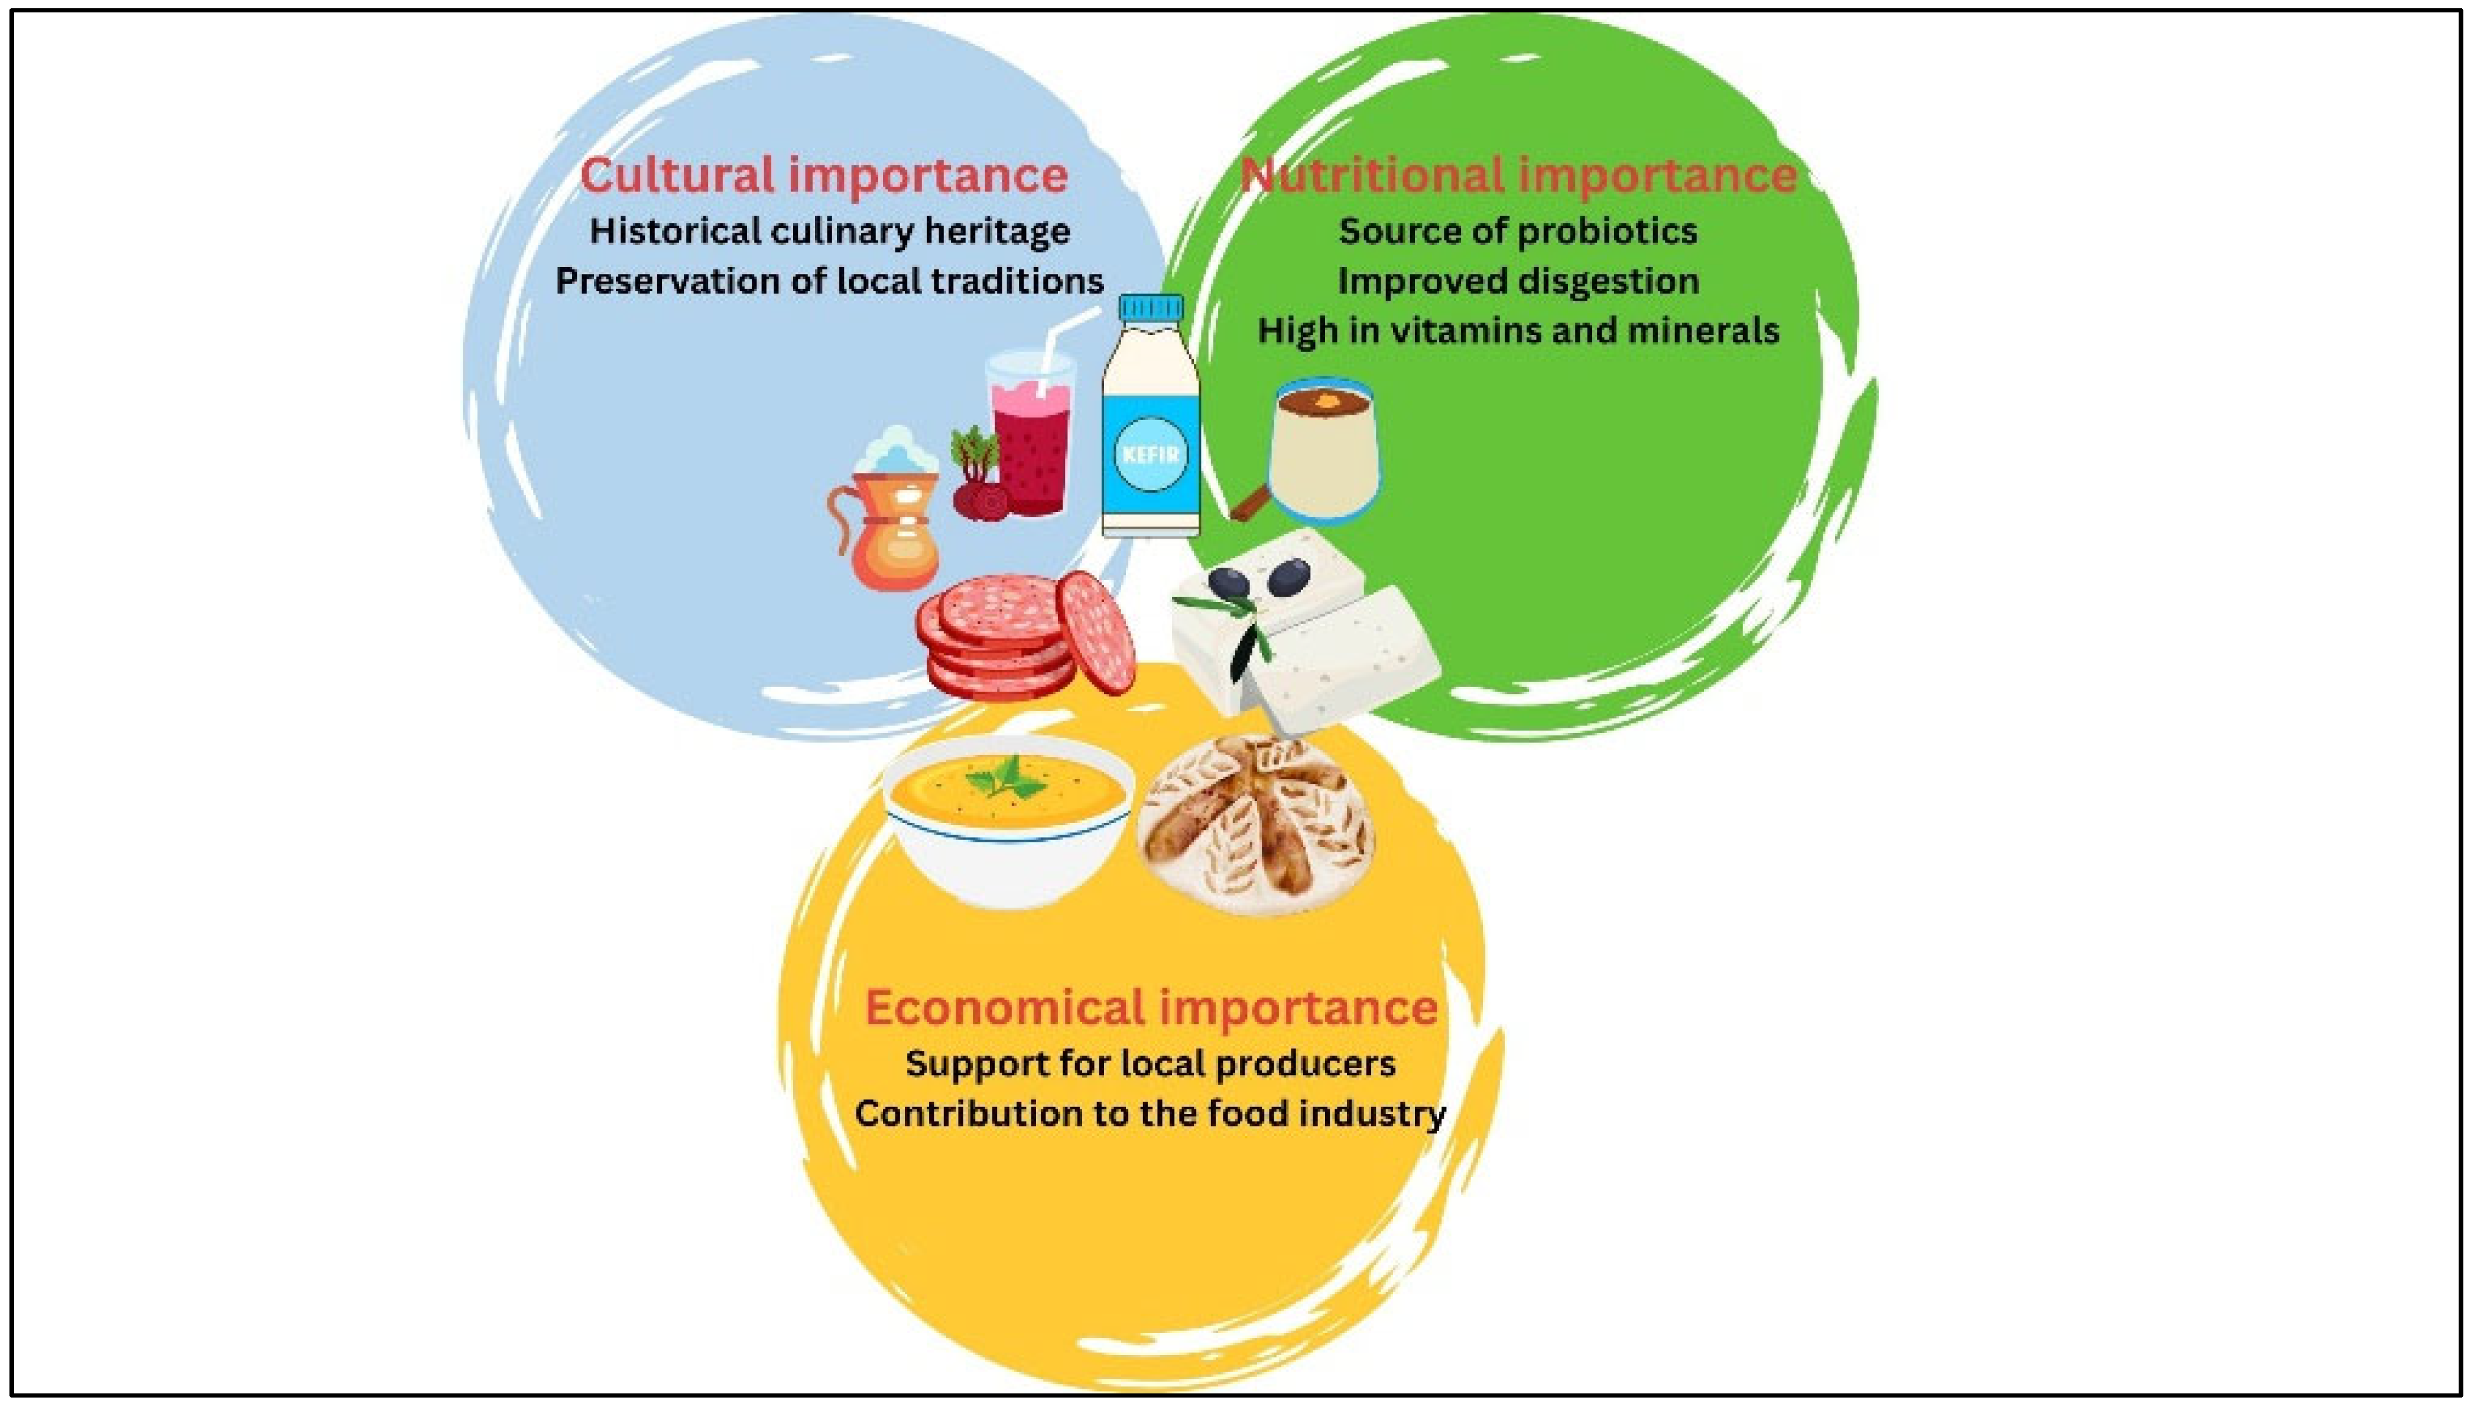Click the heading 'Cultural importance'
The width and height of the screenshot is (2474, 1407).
pos(824,175)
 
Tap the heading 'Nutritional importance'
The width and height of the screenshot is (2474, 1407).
pos(1518,175)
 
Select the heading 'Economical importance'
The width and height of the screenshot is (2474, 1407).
pos(1151,1007)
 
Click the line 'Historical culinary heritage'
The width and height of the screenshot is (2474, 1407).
pos(830,231)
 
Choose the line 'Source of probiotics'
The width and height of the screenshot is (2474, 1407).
pos(1518,231)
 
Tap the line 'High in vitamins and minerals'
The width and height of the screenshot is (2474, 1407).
pos(1518,331)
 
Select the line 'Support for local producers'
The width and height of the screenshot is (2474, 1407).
pos(1151,1064)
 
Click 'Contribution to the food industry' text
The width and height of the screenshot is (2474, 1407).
pos(1151,1113)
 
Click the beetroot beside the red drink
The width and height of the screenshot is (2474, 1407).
pos(978,483)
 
